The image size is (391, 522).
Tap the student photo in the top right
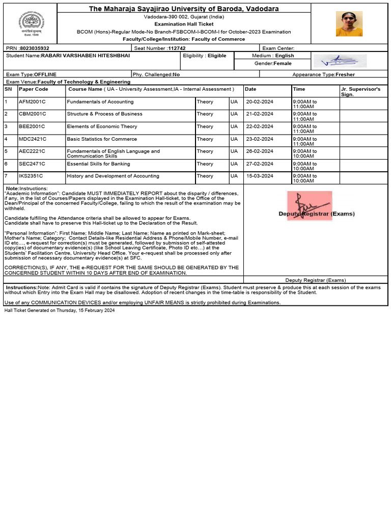point(349,24)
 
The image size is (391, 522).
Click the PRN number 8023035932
point(35,48)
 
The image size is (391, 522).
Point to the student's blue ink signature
point(340,60)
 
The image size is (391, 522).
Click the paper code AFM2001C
point(32,102)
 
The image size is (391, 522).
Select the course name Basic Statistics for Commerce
point(102,139)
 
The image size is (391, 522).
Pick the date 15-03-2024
point(260,176)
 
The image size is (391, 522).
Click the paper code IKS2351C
point(32,176)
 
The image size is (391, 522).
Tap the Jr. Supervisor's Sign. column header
point(360,92)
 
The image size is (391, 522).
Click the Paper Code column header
point(34,89)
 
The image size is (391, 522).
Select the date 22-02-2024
point(260,127)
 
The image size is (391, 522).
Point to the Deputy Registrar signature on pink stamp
point(309,206)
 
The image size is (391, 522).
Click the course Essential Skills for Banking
point(98,164)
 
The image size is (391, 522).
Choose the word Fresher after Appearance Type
point(346,74)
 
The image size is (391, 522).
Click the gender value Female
point(283,64)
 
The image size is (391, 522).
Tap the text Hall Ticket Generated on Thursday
point(60,310)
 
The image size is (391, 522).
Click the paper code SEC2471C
point(32,164)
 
